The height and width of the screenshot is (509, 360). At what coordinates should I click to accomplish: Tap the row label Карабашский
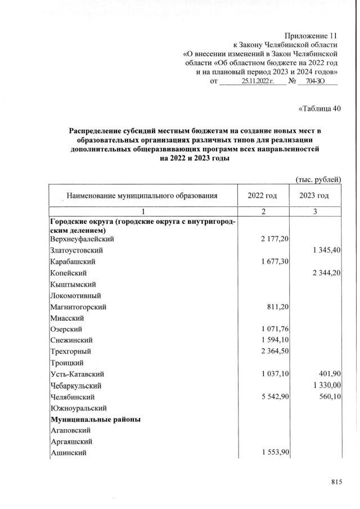click(73, 262)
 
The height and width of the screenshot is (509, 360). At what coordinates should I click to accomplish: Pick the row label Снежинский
click(72, 340)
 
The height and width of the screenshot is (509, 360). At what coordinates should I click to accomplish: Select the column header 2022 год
click(263, 196)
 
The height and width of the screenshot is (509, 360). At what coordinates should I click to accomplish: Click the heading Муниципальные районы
click(96, 420)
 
